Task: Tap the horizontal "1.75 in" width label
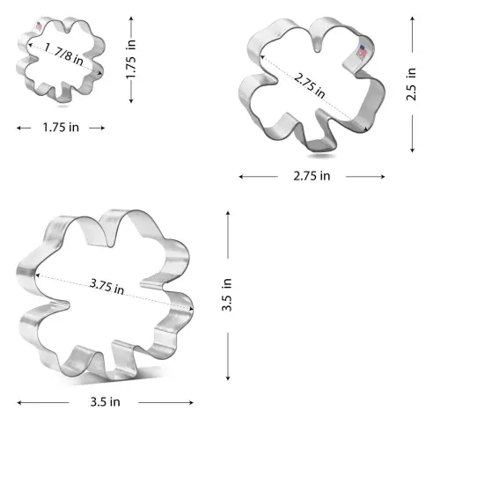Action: tap(61, 128)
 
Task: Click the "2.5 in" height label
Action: tap(412, 84)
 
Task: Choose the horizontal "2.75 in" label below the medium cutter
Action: tap(312, 176)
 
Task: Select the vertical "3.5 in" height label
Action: tap(228, 296)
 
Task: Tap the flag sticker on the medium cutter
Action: tap(361, 53)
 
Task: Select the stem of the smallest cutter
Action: tap(61, 94)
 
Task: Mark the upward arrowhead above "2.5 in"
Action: tap(412, 21)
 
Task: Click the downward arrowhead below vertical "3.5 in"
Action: tap(228, 378)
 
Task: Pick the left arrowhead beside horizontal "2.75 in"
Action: tap(240, 176)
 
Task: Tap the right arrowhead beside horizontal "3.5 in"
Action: tap(192, 402)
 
